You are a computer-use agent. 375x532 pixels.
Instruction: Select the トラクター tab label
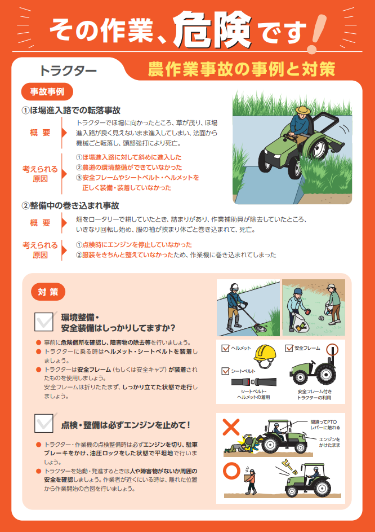(68, 71)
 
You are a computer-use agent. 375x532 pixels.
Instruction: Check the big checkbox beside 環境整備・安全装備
(44, 320)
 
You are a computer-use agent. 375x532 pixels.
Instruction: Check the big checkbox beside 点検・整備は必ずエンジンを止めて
(44, 423)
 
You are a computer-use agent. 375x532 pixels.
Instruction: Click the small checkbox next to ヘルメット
(226, 348)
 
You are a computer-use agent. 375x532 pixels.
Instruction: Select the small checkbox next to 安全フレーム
(289, 348)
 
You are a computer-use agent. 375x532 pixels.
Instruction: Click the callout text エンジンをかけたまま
(329, 442)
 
